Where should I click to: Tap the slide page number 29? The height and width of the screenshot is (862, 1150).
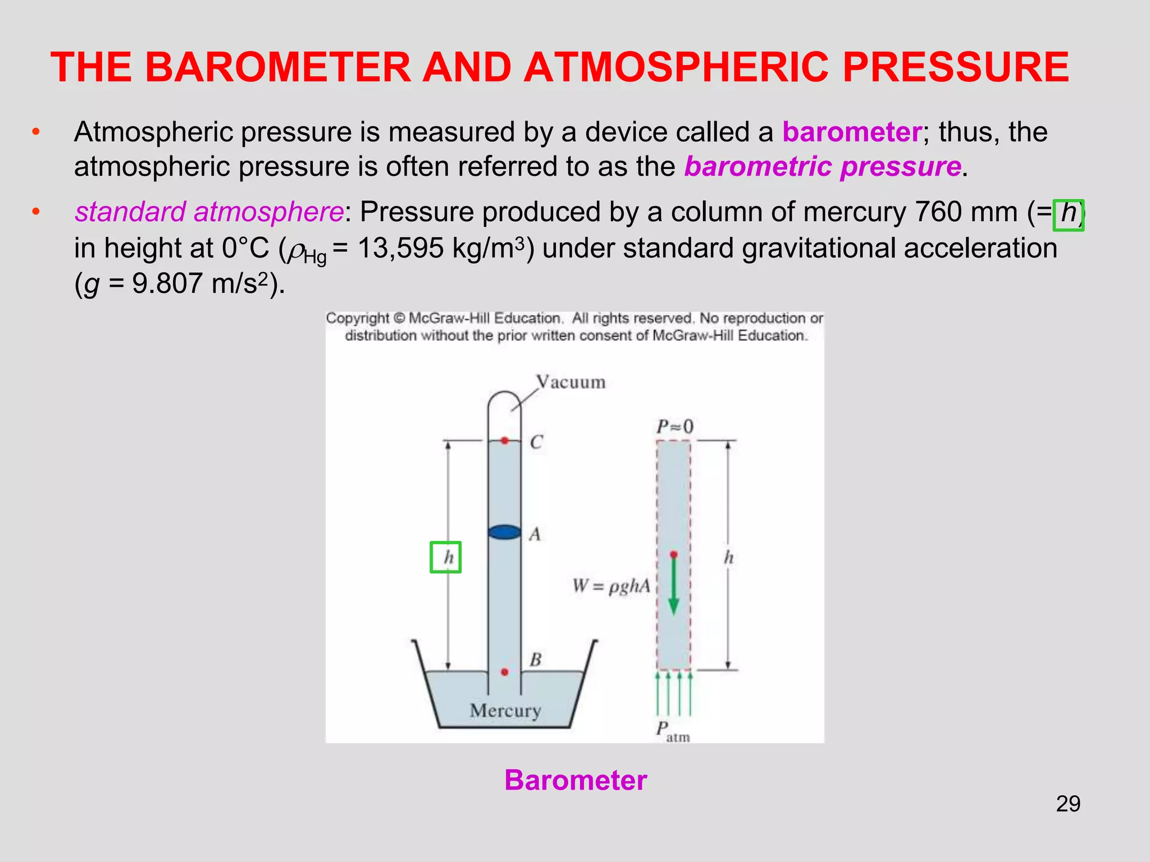[x=1068, y=804]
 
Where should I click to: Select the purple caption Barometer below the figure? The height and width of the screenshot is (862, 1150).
[x=576, y=780]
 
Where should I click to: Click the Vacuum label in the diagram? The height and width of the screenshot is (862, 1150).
[x=571, y=382]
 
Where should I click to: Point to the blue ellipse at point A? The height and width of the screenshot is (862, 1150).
[x=504, y=531]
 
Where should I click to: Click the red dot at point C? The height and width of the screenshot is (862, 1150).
[x=505, y=441]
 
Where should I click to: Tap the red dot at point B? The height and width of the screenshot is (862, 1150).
[x=505, y=672]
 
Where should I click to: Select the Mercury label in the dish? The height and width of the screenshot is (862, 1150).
[x=505, y=710]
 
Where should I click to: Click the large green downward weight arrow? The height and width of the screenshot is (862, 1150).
[x=674, y=584]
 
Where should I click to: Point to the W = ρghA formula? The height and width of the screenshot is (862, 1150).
[x=611, y=586]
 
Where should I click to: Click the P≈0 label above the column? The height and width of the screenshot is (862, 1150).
[x=675, y=427]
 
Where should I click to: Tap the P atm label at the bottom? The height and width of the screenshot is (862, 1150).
[x=672, y=731]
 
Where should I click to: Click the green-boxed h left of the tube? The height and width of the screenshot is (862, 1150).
[x=446, y=557]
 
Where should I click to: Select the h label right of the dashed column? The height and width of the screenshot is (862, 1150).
[x=728, y=557]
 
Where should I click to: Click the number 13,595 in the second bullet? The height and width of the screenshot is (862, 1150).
[x=400, y=248]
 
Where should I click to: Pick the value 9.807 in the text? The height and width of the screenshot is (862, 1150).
[x=167, y=283]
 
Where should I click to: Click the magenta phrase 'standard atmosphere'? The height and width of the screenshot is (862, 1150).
[x=209, y=212]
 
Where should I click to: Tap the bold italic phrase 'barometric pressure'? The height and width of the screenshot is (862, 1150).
[x=823, y=167]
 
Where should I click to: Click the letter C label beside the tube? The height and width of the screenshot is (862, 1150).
[x=536, y=442]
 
